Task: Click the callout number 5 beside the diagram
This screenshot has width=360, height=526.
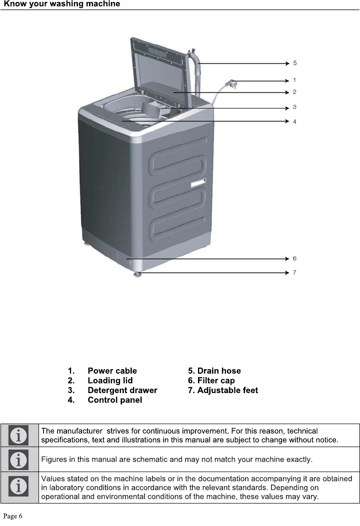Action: [x=295, y=63]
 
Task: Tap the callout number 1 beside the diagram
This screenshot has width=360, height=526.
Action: [x=294, y=80]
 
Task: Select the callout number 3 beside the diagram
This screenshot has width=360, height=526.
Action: [x=294, y=107]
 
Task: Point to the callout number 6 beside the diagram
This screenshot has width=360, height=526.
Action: [x=294, y=258]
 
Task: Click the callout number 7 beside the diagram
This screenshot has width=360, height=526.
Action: [x=294, y=272]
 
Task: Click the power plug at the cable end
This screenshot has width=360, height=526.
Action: [x=231, y=83]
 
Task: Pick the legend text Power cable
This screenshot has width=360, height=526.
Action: [x=112, y=371]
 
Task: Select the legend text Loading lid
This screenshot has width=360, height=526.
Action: [x=110, y=381]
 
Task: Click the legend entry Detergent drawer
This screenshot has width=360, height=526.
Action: [x=122, y=390]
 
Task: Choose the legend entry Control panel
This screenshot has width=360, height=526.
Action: [x=114, y=400]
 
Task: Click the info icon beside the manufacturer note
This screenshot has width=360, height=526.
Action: [x=19, y=435]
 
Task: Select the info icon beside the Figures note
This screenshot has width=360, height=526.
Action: [x=19, y=459]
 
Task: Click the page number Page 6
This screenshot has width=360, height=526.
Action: [x=13, y=516]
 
